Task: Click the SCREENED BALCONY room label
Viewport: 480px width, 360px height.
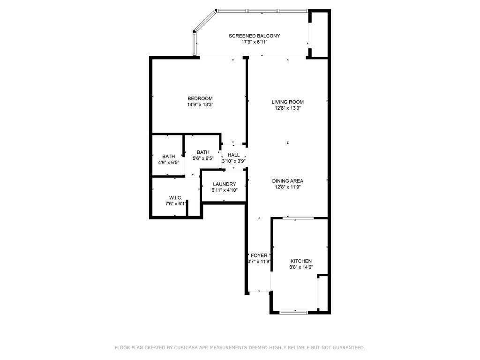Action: [254, 36]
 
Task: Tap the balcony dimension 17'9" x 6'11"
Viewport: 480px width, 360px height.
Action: [254, 42]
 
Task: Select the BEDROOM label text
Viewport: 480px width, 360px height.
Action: [200, 98]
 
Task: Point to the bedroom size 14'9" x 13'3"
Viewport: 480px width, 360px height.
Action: [200, 105]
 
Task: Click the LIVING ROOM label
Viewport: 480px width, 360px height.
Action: [288, 102]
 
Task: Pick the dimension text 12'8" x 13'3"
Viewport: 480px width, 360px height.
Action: [288, 108]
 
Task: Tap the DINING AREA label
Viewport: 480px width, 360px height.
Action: [288, 181]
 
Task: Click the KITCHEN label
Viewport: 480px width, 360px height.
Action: [301, 261]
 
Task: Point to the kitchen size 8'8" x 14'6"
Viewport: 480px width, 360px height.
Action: [301, 267]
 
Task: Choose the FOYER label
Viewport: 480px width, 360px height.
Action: [259, 255]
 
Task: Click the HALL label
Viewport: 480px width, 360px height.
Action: [233, 155]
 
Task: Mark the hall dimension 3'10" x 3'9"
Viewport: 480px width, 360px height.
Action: [233, 161]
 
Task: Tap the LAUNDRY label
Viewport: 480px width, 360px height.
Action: [224, 184]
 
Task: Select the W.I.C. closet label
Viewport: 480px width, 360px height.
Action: [176, 198]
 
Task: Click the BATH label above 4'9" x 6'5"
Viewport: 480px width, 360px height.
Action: [169, 157]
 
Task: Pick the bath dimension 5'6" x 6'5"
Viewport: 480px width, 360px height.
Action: [203, 158]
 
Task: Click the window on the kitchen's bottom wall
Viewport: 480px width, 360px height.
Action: [293, 312]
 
